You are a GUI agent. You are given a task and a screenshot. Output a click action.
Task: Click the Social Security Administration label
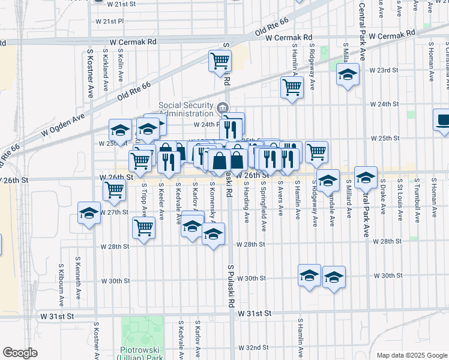point(186,110)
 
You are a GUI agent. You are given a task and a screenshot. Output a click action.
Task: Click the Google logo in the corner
point(20,353)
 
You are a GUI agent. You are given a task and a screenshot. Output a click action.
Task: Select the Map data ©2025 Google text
point(411,355)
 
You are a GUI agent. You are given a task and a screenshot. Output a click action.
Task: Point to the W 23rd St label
point(384,70)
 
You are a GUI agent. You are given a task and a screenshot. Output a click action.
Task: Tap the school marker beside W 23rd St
point(348,75)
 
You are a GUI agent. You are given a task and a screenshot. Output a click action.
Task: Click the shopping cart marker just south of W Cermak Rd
point(220,61)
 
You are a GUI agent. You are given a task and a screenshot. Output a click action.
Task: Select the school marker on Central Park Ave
point(366,178)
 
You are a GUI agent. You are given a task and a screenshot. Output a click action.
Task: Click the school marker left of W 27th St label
point(89,213)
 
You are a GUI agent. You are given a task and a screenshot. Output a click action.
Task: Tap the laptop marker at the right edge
point(443,120)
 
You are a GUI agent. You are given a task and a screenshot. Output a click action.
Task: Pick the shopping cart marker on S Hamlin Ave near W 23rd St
point(292,87)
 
